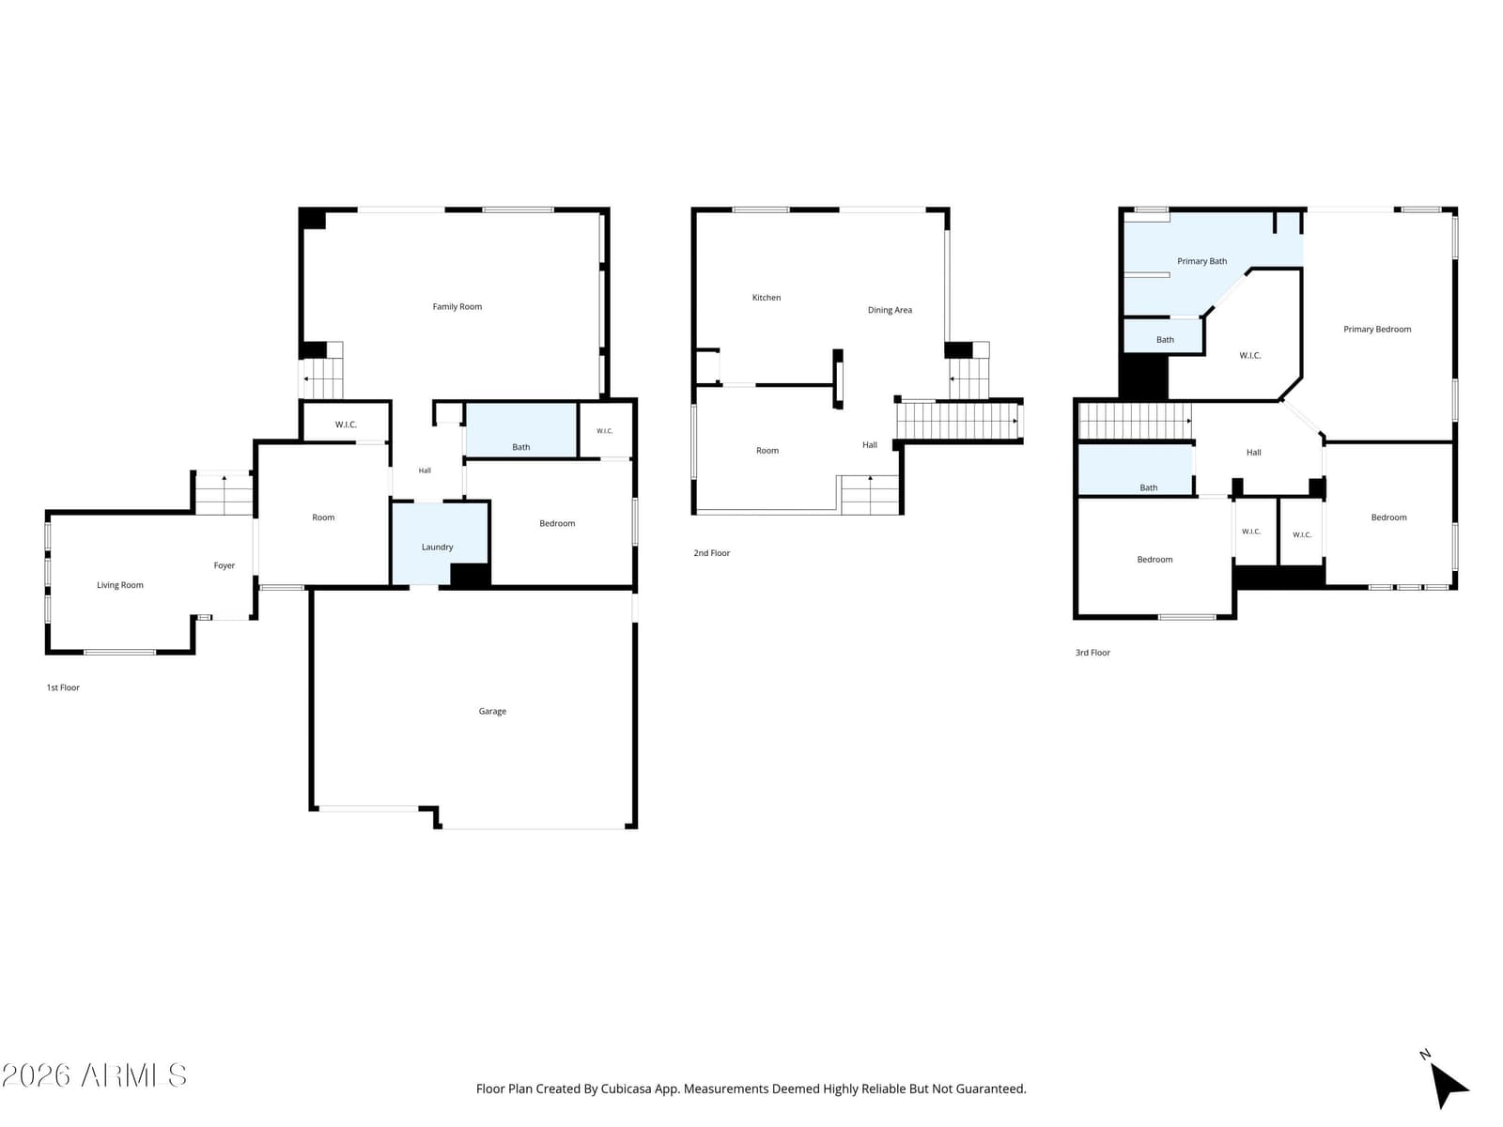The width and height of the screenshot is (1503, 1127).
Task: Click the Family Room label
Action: [x=457, y=306]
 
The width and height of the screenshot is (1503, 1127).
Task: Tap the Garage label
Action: [x=492, y=712]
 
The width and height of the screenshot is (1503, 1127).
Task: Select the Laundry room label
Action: [x=437, y=548]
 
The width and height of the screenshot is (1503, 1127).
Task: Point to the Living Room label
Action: [x=120, y=585]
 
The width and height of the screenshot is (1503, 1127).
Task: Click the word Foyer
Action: [x=224, y=566]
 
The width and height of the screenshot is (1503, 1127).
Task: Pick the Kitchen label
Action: [x=767, y=298]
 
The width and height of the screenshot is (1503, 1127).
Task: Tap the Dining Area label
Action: [x=890, y=310]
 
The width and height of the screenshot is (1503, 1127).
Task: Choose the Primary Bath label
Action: [x=1201, y=261]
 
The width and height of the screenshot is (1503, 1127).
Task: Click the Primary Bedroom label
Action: [x=1377, y=329]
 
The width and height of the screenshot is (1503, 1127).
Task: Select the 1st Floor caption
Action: [x=63, y=687]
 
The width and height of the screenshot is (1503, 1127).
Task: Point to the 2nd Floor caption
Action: [x=711, y=553]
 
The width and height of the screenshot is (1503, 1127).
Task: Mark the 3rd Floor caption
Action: [x=1092, y=653]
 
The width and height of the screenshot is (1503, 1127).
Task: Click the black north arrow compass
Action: [x=1446, y=1083]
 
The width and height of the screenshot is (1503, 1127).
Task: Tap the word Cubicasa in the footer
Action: [x=626, y=1088]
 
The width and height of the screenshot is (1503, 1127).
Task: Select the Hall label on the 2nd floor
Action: [x=870, y=445]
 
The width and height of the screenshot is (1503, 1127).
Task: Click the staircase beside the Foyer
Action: [x=224, y=493]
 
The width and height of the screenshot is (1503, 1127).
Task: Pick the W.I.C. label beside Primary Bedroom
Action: [x=1249, y=356]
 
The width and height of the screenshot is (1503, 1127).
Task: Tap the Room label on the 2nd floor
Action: [x=767, y=450]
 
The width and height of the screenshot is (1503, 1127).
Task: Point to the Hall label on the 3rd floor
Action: [x=1254, y=453]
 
